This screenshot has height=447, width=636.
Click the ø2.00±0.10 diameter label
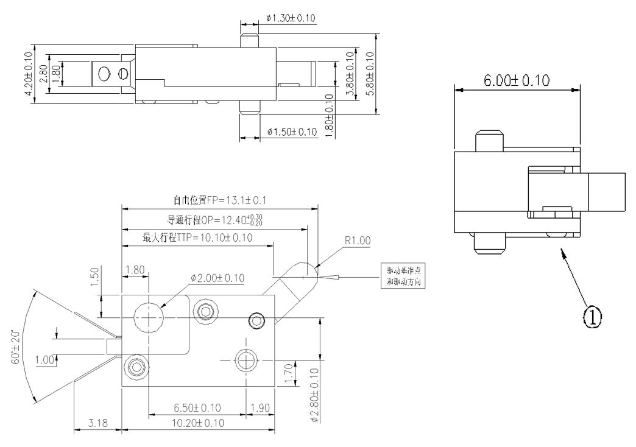coord(217,278)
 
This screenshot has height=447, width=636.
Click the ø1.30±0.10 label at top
coord(291,18)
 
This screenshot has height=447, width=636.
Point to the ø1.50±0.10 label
coord(292,132)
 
